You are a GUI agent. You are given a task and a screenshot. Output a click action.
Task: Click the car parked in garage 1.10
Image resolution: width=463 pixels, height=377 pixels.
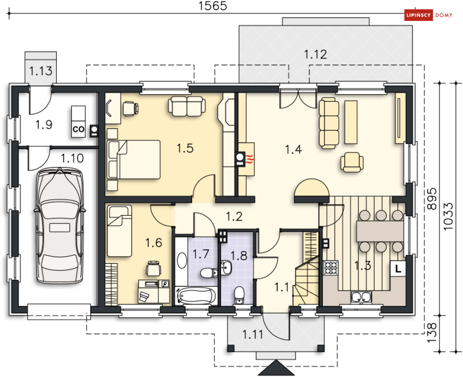(60, 225)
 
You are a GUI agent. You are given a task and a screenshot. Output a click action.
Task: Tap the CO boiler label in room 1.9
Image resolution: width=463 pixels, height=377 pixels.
(78, 129)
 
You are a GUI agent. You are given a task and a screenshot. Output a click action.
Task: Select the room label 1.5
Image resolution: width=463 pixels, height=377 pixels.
(185, 148)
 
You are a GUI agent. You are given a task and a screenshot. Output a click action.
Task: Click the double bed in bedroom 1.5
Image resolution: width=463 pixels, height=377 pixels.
(134, 159)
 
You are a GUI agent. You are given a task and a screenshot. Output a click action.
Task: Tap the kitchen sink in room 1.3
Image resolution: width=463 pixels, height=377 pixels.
(361, 298)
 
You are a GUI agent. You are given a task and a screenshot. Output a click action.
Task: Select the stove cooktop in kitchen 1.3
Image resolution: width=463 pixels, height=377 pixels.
(331, 268)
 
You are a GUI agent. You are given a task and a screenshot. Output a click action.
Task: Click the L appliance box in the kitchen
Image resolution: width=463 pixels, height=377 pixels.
(398, 269)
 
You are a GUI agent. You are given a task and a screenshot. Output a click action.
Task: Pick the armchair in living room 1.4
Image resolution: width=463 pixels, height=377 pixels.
(352, 162)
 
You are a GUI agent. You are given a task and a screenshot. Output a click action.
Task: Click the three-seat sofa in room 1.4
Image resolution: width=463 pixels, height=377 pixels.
(329, 123)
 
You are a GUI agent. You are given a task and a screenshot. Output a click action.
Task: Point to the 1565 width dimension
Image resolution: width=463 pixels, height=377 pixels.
(213, 6)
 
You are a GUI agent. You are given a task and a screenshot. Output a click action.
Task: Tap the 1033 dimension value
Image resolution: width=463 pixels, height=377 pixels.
(448, 216)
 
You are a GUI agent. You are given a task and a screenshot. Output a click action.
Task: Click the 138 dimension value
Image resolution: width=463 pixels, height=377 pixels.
(431, 332)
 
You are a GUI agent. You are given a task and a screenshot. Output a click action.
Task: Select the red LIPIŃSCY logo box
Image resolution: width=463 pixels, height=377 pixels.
(418, 15)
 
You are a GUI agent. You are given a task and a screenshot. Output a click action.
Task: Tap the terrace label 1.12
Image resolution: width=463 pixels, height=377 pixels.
(315, 54)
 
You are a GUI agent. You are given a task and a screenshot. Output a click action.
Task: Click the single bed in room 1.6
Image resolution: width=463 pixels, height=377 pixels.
(119, 231)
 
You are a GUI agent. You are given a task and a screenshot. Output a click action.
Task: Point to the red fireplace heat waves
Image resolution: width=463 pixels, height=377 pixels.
(250, 160)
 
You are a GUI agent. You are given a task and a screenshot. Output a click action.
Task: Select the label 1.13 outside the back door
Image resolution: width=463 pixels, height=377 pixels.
(41, 71)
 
